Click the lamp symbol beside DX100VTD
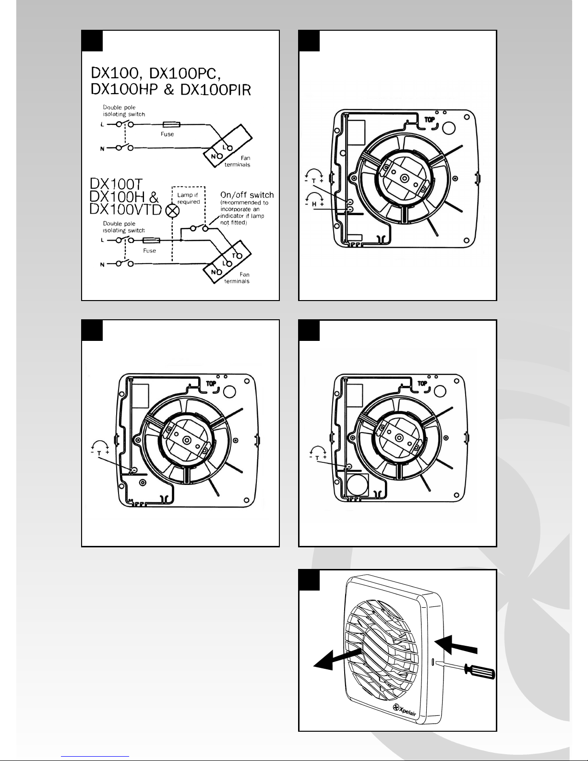(172, 211)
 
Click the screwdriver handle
(480, 671)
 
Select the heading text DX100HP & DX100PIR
(171, 89)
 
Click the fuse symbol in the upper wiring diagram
(171, 124)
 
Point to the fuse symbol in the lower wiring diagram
(151, 240)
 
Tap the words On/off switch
(247, 195)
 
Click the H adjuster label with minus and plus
(314, 204)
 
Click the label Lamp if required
(188, 198)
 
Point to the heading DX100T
(116, 184)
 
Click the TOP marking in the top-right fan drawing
(430, 120)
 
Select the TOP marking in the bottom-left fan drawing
(211, 384)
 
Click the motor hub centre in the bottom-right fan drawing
(399, 437)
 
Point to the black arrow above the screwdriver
(456, 645)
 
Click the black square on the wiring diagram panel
(92, 41)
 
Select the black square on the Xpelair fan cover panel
(309, 580)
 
